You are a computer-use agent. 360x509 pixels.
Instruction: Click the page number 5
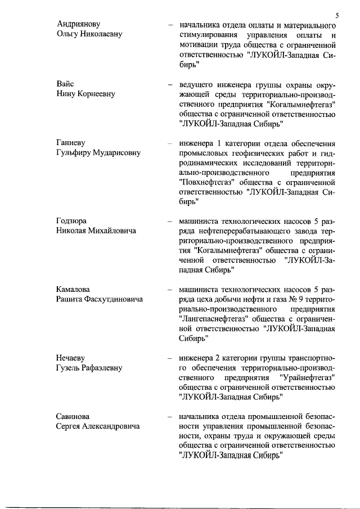[x=336, y=15]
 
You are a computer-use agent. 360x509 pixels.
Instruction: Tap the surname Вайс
[x=65, y=84]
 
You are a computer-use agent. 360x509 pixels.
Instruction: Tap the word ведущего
[x=196, y=84]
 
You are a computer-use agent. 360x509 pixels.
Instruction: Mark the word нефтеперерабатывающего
[x=244, y=231]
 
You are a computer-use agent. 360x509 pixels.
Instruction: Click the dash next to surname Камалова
[x=169, y=289]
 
